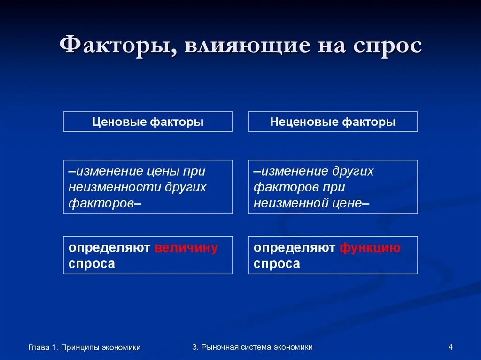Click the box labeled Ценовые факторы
click(x=148, y=122)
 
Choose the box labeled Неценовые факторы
click(x=333, y=122)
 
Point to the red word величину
click(x=186, y=248)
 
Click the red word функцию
click(x=370, y=248)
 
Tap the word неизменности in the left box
click(x=116, y=187)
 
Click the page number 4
click(x=450, y=347)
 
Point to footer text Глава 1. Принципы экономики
click(x=85, y=347)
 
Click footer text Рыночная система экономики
click(x=256, y=347)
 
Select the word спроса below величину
click(x=92, y=264)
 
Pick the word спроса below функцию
click(x=277, y=264)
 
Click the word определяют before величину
click(x=109, y=248)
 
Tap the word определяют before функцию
click(x=295, y=248)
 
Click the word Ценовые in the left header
click(x=119, y=122)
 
